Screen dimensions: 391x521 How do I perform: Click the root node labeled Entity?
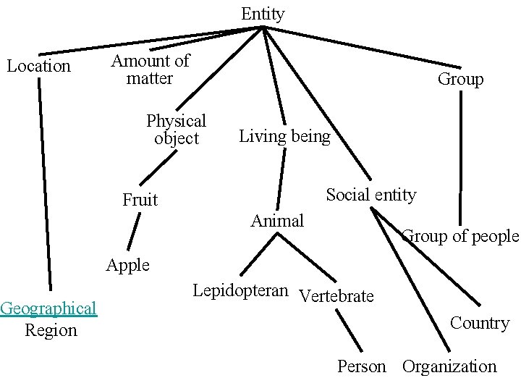coord(263,14)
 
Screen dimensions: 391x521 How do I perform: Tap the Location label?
coord(39,67)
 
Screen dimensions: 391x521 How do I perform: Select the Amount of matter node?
coord(150,70)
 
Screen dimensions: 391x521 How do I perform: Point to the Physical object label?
coord(176,129)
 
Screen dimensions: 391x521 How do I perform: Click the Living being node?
coord(284,136)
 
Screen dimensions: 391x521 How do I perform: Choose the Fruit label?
coord(140,200)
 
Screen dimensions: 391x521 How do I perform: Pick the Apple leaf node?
coord(127,265)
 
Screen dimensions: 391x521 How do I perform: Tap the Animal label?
coord(277,221)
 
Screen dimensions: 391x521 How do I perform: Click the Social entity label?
coord(370,195)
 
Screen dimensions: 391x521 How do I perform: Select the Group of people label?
coord(460,236)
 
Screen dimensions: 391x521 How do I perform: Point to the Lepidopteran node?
coord(240,291)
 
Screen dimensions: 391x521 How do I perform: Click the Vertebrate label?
coord(336,296)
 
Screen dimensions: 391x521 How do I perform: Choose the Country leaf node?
coord(480,323)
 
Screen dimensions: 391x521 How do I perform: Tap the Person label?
coord(362,366)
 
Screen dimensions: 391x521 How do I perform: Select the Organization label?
coord(449,366)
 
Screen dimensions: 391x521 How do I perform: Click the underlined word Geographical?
coord(48,308)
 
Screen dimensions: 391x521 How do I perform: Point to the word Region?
coord(51,330)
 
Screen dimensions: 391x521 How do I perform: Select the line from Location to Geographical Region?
coord(45,181)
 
